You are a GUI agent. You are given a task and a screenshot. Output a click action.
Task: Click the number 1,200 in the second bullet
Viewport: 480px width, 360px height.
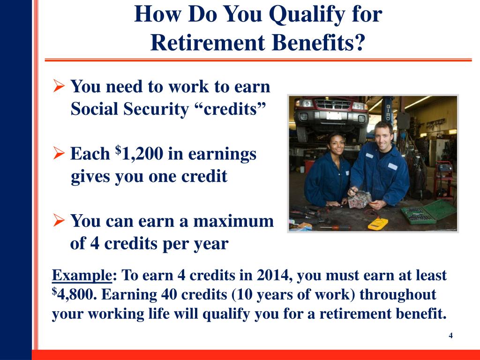143,154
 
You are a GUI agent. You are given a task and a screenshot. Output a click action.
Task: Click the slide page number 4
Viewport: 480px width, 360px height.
450,336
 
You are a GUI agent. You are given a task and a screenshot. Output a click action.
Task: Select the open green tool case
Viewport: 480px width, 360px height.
428,213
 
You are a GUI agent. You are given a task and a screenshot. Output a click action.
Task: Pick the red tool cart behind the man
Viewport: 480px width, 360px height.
443,178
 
